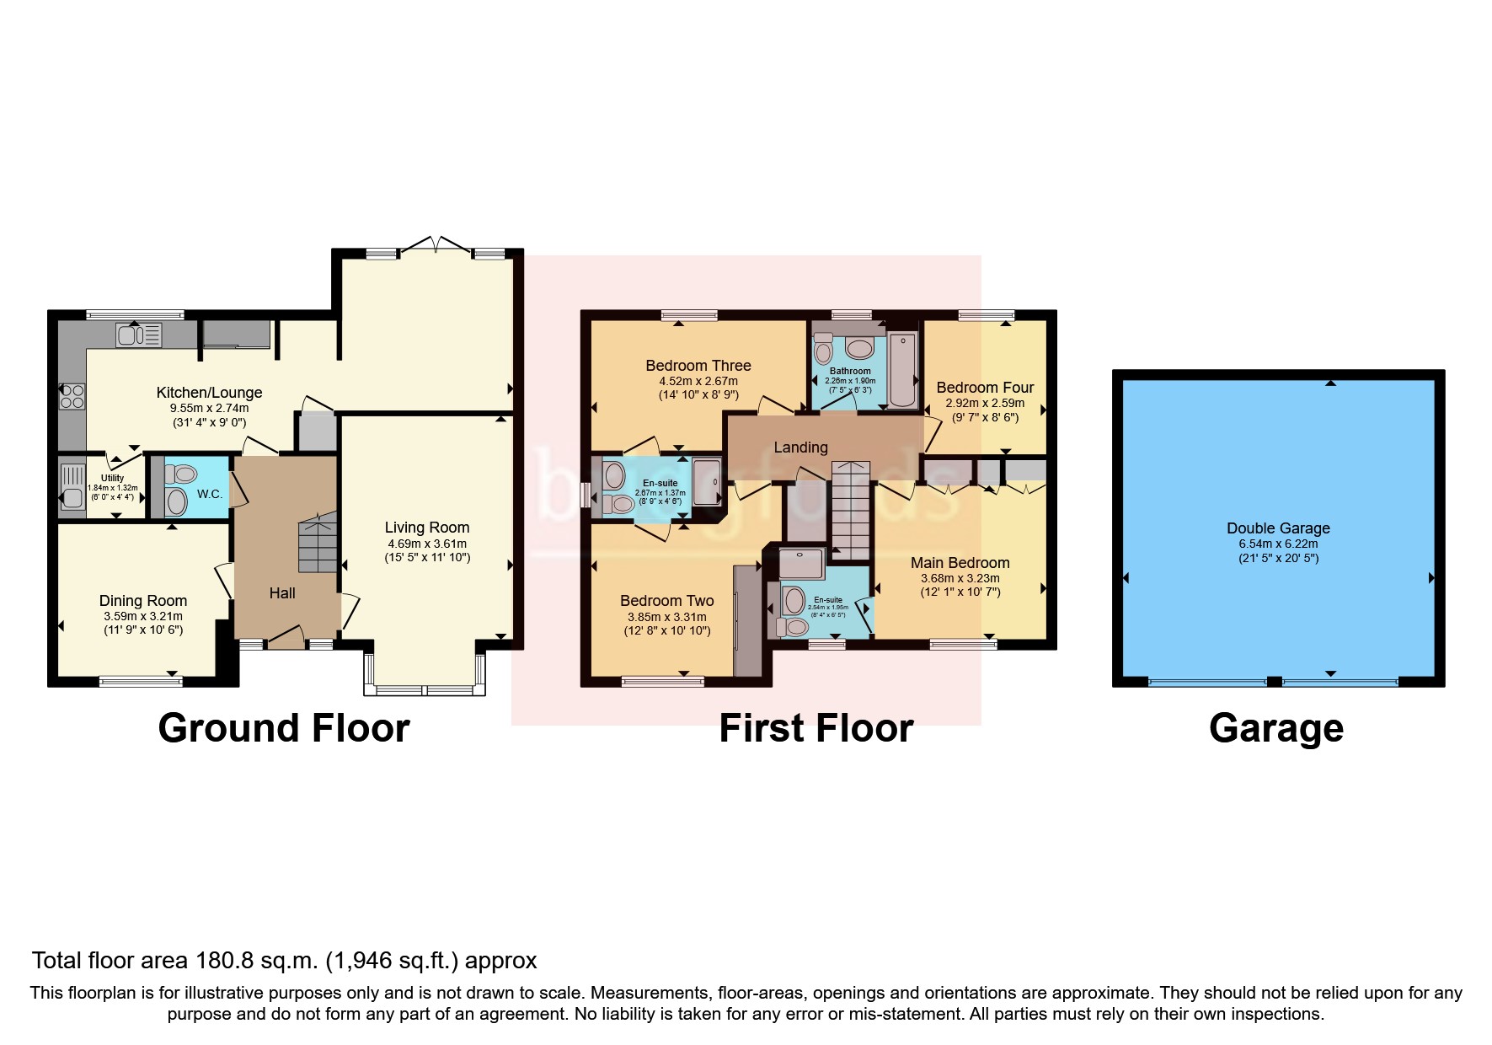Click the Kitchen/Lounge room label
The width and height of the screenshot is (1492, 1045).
pyautogui.click(x=209, y=393)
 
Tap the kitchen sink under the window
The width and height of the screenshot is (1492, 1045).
pyautogui.click(x=139, y=335)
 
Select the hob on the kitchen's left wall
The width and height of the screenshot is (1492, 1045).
pyautogui.click(x=72, y=396)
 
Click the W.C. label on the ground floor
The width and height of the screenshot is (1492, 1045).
pyautogui.click(x=210, y=494)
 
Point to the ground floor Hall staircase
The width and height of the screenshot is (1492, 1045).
pyautogui.click(x=318, y=546)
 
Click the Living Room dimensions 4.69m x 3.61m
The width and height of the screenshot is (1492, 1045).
pyautogui.click(x=426, y=544)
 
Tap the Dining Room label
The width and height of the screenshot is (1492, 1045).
pyautogui.click(x=143, y=601)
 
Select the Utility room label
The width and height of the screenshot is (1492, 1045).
pyautogui.click(x=112, y=478)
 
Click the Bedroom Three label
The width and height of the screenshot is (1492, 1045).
pyautogui.click(x=698, y=366)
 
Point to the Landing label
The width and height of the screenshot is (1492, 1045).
pyautogui.click(x=800, y=447)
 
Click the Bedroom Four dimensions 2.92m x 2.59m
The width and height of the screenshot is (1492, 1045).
pyautogui.click(x=984, y=403)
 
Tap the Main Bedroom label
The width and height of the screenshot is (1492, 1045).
pyautogui.click(x=960, y=563)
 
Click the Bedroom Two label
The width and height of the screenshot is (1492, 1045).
pyautogui.click(x=666, y=601)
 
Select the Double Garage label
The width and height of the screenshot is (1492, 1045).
pyautogui.click(x=1278, y=528)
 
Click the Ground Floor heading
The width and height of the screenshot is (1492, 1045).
pyautogui.click(x=283, y=728)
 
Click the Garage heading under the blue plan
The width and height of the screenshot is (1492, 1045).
pyautogui.click(x=1275, y=728)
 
